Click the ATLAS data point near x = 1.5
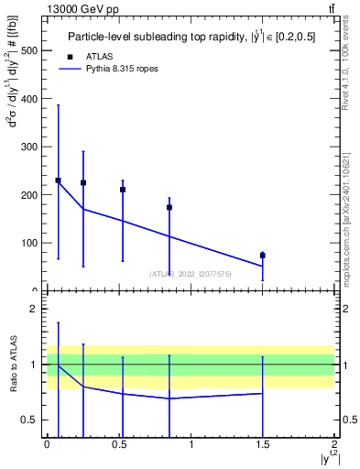tap(263, 256)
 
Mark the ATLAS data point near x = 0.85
tap(169, 207)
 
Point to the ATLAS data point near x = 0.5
tap(123, 190)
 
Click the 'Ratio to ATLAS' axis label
tap(15, 365)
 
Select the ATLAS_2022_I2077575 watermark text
tap(191, 273)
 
